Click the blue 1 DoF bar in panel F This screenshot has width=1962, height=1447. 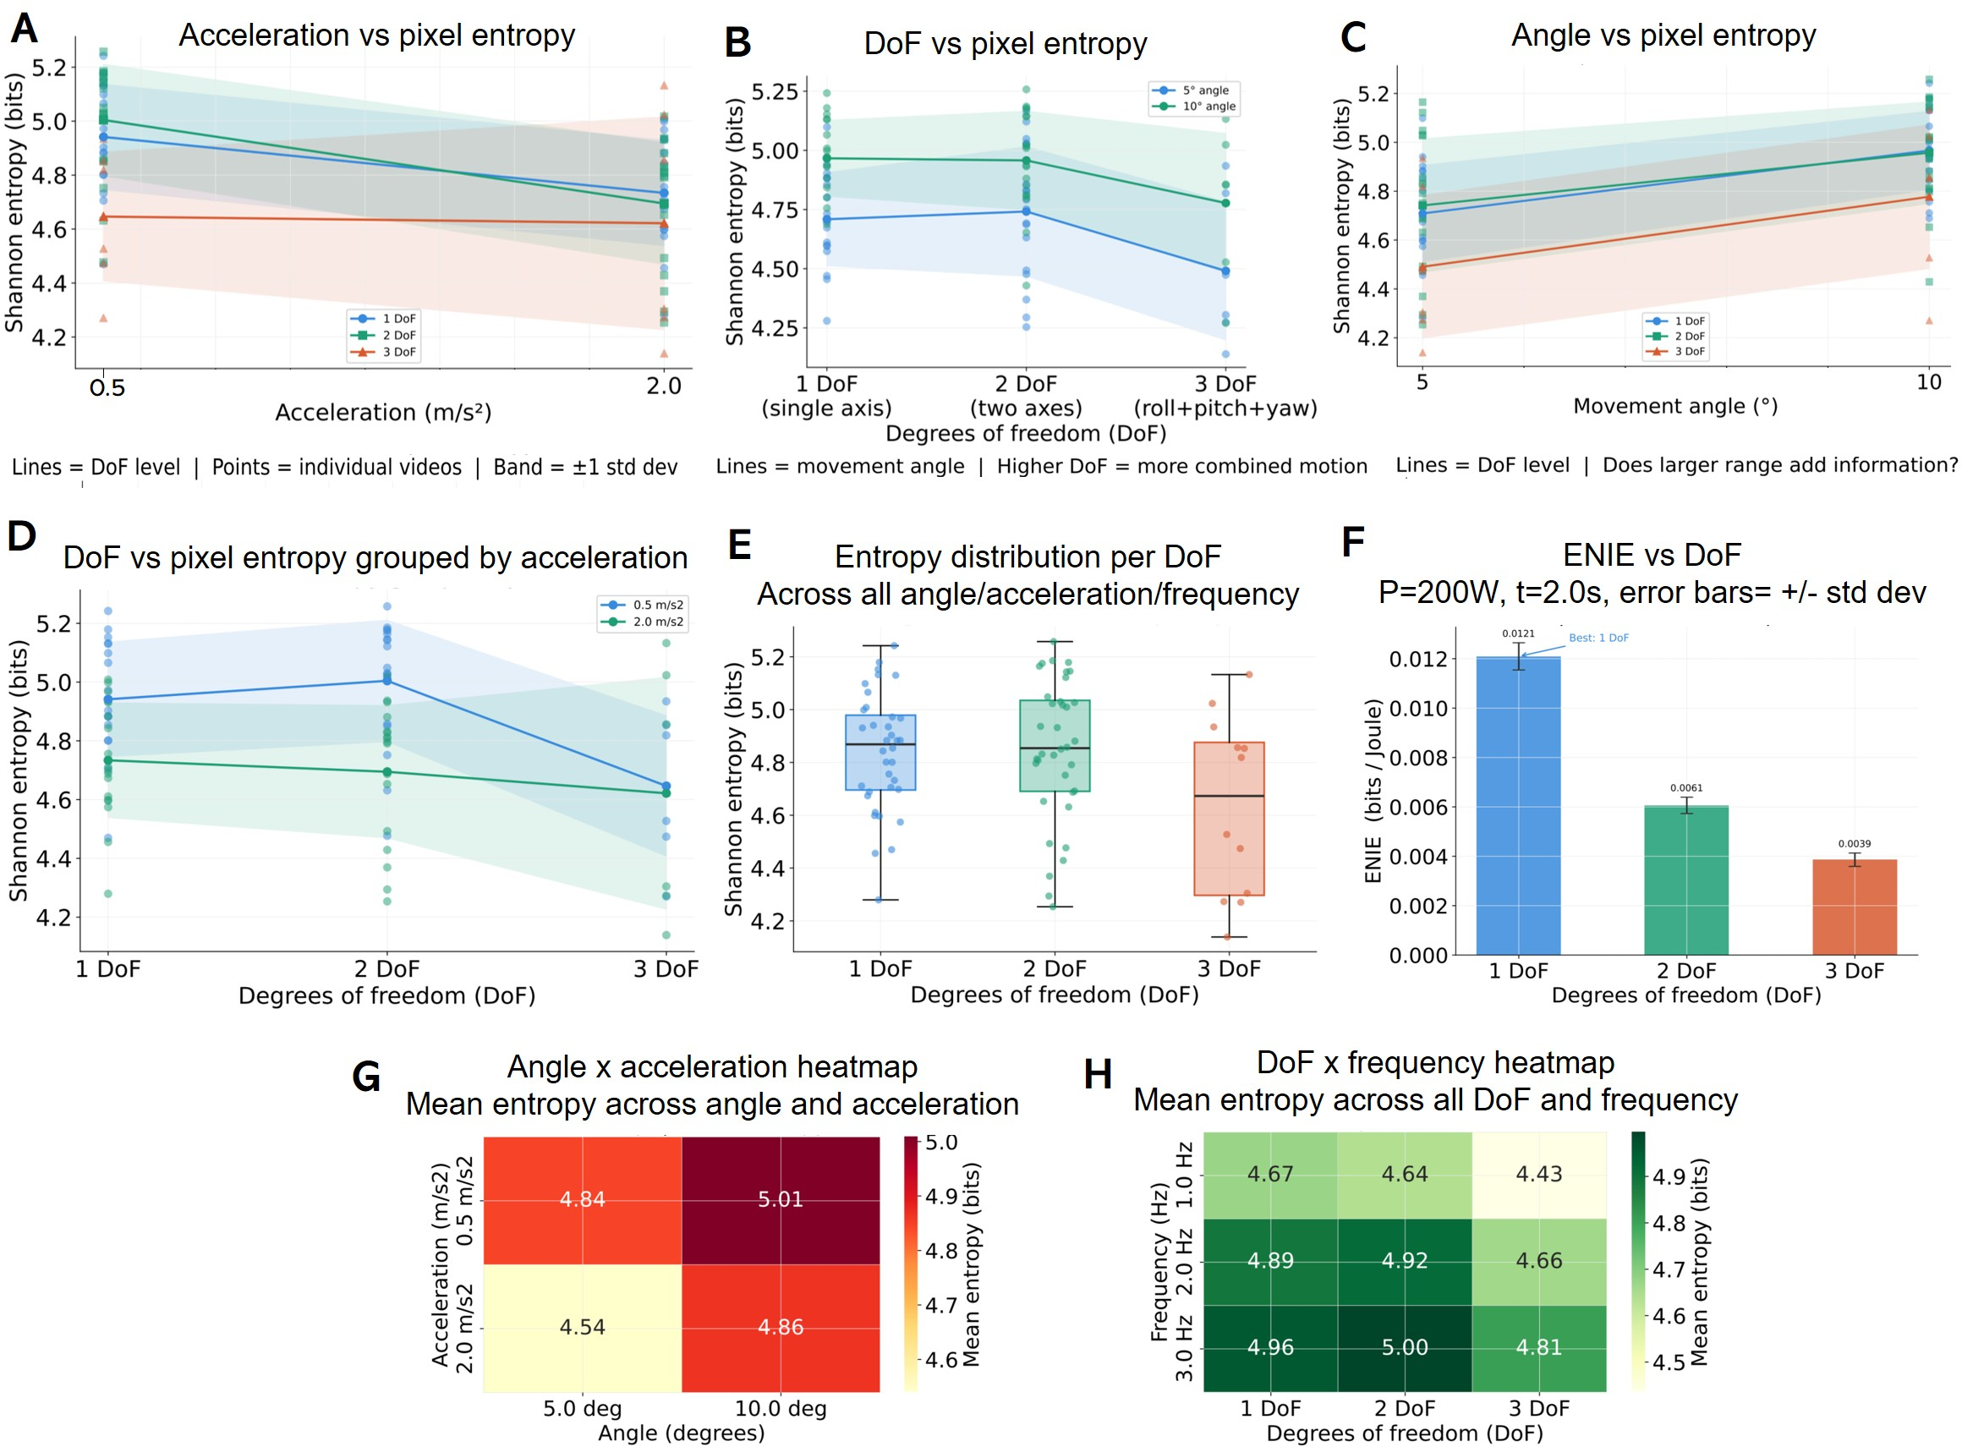click(1518, 806)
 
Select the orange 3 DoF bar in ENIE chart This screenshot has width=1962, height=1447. click(1855, 907)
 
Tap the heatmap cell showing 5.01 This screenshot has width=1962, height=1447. click(781, 1200)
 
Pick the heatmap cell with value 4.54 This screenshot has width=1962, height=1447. click(583, 1328)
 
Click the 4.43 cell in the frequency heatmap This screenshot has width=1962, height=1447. click(1539, 1175)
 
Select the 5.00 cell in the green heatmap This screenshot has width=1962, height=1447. click(1405, 1348)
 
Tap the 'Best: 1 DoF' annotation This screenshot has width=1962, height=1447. click(1598, 638)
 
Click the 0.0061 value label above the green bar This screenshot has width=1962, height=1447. click(1686, 788)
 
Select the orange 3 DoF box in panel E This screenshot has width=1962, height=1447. click(1229, 819)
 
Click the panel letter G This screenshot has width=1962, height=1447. click(366, 1077)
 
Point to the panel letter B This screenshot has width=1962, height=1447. click(737, 42)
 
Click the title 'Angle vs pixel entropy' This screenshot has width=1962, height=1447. click(1663, 35)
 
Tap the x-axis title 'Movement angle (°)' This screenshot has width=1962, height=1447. click(1674, 407)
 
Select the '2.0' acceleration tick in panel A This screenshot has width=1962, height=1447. click(664, 386)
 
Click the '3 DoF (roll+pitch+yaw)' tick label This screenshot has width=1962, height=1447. click(1225, 396)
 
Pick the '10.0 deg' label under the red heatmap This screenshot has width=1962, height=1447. click(781, 1408)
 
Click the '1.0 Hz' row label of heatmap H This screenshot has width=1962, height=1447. click(1184, 1175)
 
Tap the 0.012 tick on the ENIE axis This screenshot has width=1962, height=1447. click(1418, 659)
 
